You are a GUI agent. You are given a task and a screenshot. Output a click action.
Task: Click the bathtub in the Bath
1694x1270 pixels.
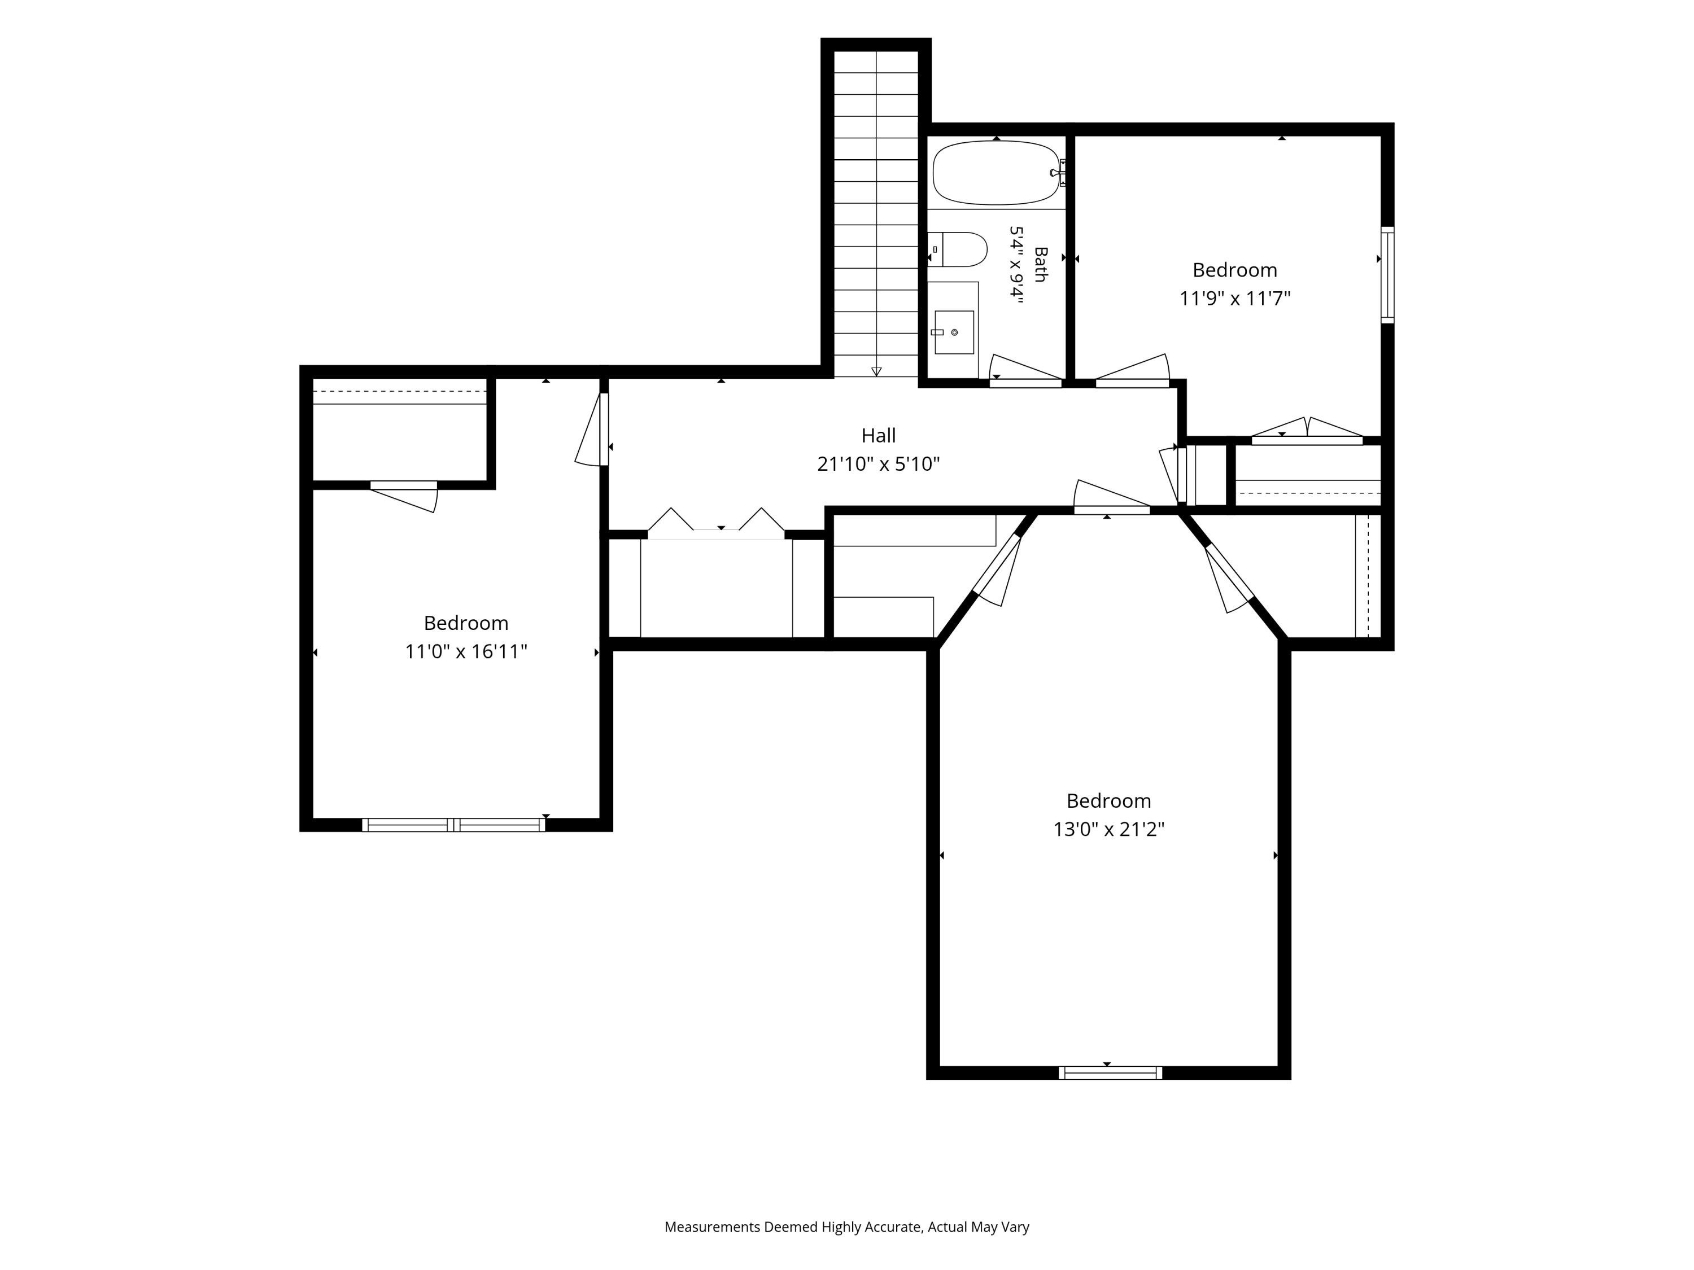point(996,173)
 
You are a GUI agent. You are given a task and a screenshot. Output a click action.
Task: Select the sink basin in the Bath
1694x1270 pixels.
point(954,332)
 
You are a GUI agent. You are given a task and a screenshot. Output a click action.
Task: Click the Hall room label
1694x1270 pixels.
point(879,436)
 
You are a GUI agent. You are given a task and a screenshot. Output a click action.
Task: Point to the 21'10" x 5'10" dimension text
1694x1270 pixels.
point(879,464)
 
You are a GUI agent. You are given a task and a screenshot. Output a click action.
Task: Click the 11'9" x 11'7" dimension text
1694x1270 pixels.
point(1234,299)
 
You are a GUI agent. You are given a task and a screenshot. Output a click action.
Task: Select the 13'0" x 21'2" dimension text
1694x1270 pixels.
point(1108,829)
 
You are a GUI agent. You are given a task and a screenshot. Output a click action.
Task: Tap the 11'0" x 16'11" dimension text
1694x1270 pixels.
point(466,651)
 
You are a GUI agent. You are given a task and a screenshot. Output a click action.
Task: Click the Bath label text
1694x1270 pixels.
point(1040,264)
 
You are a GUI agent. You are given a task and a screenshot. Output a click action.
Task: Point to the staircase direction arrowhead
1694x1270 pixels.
point(876,372)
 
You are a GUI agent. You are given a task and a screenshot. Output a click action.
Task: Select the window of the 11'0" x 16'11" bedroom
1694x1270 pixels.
point(453,825)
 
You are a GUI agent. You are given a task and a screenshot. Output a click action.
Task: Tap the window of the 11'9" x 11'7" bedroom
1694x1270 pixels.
point(1387,274)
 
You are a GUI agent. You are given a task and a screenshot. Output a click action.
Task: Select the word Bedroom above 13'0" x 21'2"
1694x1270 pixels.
point(1108,801)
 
